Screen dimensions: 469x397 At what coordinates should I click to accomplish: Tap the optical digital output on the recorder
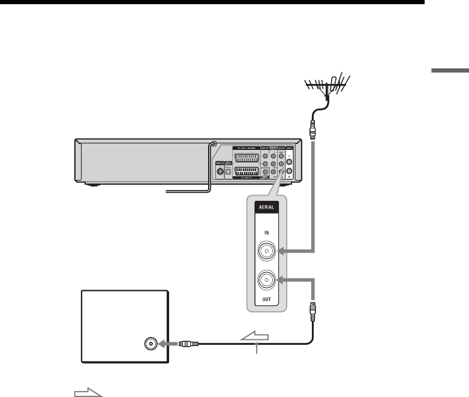click(229, 170)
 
